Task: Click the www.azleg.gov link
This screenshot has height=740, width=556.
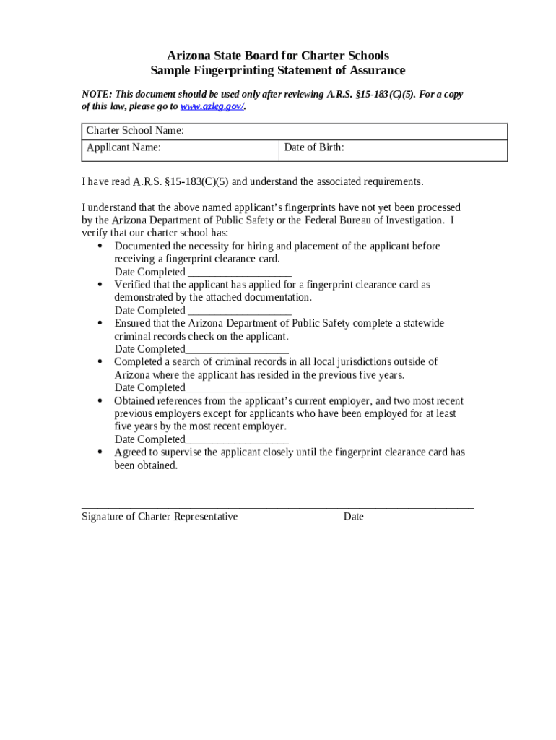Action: pos(212,106)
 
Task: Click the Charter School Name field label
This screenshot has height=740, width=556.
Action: pos(135,131)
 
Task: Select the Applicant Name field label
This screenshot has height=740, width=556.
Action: pos(123,147)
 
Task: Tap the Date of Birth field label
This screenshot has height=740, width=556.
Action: pos(314,147)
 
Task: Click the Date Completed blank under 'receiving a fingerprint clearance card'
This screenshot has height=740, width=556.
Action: pos(239,272)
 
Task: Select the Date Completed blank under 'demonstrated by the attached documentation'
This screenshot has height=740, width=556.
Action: pos(239,311)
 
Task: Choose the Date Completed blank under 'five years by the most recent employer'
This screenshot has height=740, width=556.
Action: pos(237,440)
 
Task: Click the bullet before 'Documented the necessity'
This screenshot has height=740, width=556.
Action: pos(100,246)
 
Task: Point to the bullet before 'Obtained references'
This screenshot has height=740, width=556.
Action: pos(100,401)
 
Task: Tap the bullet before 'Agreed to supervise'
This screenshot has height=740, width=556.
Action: pos(100,452)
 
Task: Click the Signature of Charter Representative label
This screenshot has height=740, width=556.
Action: pos(160,517)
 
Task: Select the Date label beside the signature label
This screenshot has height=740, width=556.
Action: pos(354,517)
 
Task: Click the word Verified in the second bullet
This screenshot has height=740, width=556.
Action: pos(134,285)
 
